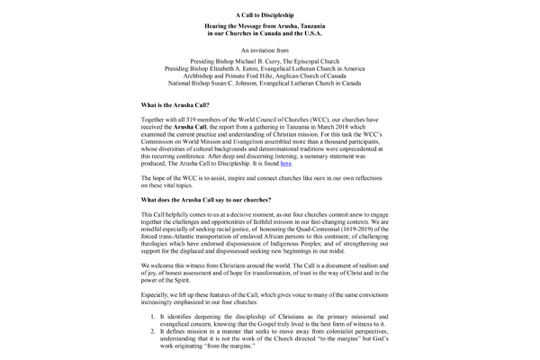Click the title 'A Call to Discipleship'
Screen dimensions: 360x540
pyautogui.click(x=270, y=15)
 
